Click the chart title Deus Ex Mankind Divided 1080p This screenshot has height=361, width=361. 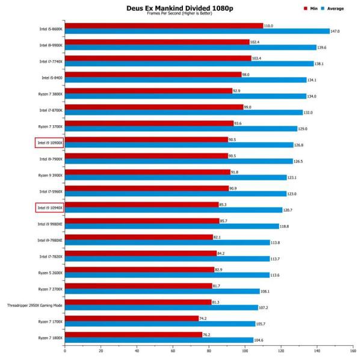click(x=180, y=8)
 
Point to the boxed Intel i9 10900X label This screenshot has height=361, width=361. click(x=49, y=142)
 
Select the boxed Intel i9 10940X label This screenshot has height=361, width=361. click(x=49, y=208)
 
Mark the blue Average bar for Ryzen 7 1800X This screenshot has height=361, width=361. click(x=159, y=340)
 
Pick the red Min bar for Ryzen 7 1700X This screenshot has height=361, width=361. click(x=132, y=318)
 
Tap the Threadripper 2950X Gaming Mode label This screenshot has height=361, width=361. click(x=35, y=304)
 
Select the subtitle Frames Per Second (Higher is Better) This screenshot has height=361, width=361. click(x=180, y=14)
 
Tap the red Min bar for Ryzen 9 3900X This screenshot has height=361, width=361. click(x=147, y=171)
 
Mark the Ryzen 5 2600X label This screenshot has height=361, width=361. click(x=51, y=272)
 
